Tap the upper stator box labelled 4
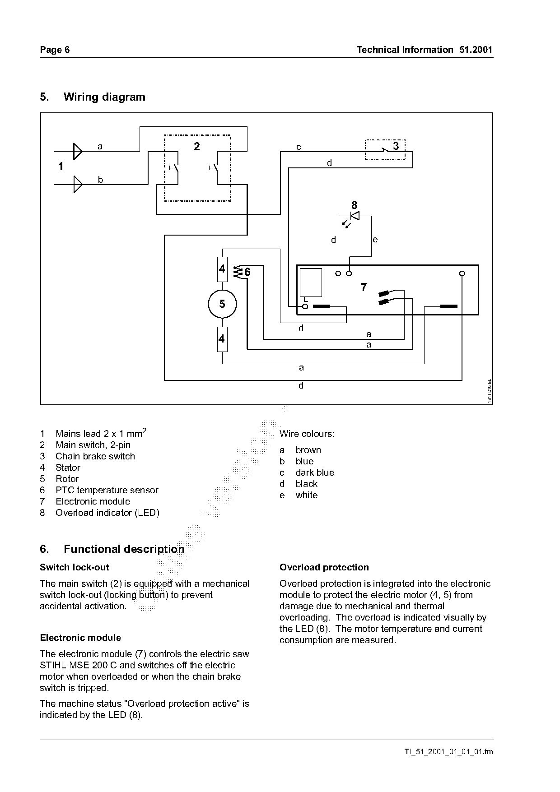(222, 269)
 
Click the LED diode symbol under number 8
(355, 216)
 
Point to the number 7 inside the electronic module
(364, 287)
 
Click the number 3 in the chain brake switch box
(396, 146)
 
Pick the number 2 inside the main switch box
(196, 146)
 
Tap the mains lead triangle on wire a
(78, 151)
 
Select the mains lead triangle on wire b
(78, 184)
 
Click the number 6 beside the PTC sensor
(247, 272)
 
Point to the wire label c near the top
(299, 147)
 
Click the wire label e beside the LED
(375, 240)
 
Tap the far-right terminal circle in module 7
(462, 273)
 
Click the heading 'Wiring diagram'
(104, 97)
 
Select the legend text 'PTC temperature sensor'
(107, 490)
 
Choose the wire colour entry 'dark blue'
(315, 472)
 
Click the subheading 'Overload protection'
(324, 567)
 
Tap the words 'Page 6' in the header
(55, 50)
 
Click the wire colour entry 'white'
(307, 495)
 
